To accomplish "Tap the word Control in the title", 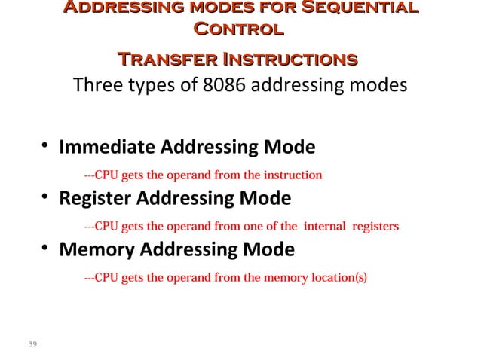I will coord(238,31).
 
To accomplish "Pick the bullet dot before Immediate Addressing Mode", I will coord(46,145).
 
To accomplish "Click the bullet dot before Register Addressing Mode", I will coord(46,199).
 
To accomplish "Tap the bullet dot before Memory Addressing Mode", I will coord(46,249).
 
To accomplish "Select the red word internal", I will coord(325,226).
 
